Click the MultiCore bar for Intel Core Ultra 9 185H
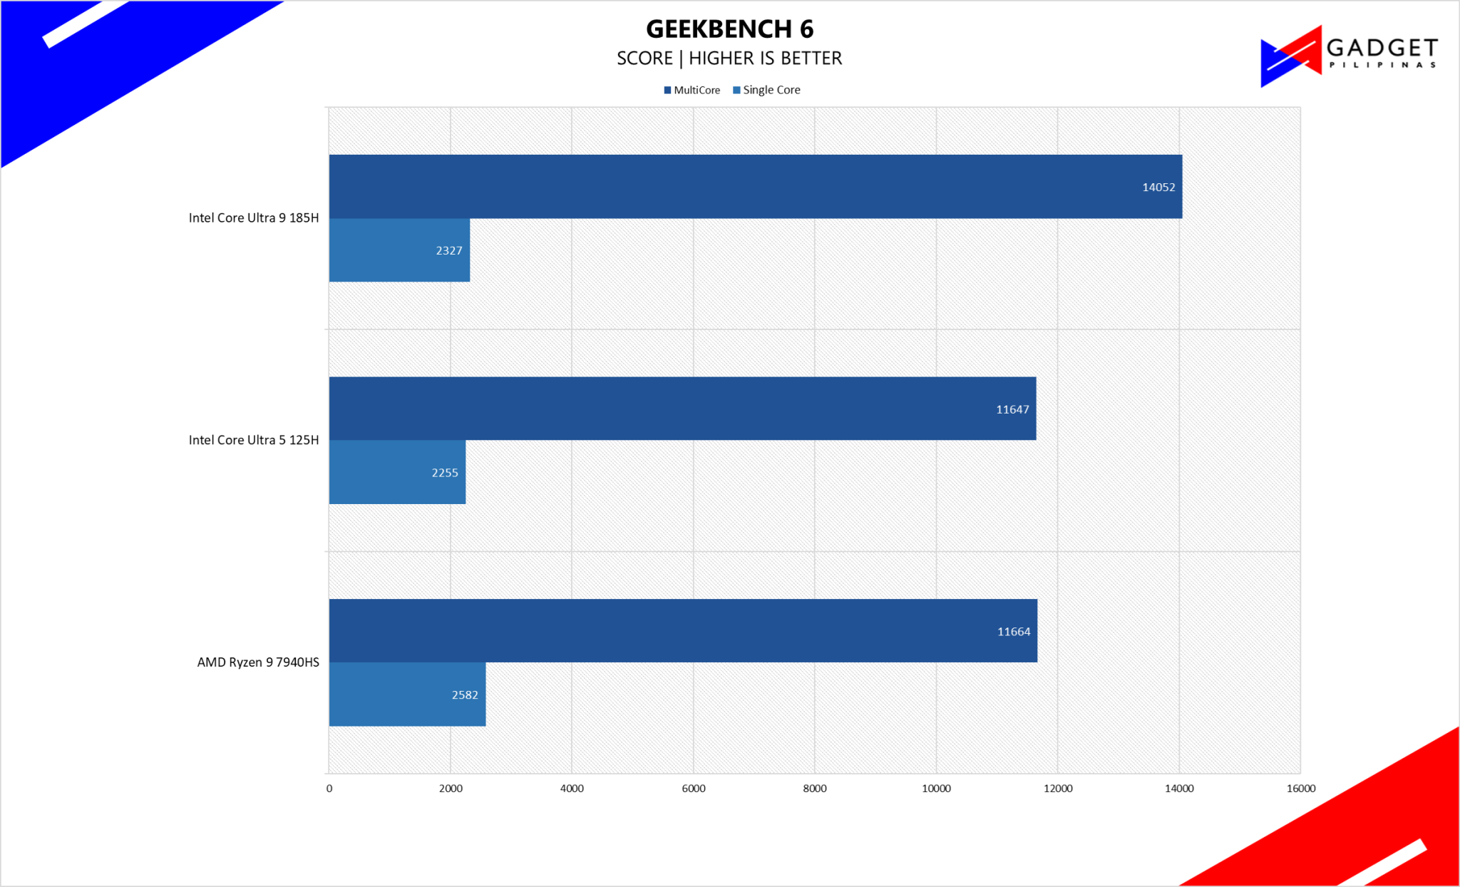coord(756,187)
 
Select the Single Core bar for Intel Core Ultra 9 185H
coord(399,250)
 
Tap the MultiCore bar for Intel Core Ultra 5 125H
coord(682,409)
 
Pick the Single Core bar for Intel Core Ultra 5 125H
coord(397,472)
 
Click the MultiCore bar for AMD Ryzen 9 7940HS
coord(683,631)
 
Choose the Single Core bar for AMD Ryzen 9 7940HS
coord(407,694)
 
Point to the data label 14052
coord(1158,188)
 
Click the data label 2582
coord(465,695)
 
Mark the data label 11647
coord(1012,409)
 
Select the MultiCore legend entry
coord(692,90)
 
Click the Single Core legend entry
coord(766,90)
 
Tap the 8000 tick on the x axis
coord(815,789)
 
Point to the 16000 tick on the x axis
coord(1301,789)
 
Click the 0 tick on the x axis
coord(329,789)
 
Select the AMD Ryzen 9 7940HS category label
coord(258,662)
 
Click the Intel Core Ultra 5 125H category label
coord(254,440)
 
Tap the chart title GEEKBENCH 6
coord(730,29)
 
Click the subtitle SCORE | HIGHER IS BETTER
coord(729,58)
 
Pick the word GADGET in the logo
coord(1382,48)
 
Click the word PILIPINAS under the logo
coord(1382,65)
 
